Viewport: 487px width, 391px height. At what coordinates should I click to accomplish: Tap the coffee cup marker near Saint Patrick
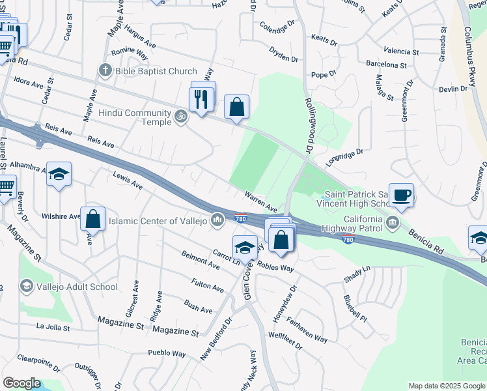[x=402, y=194]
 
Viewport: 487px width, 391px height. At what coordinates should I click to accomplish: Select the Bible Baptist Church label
[x=156, y=70]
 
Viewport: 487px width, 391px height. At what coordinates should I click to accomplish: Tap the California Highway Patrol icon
[x=393, y=223]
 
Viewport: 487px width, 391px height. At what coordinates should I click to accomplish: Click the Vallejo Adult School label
[x=77, y=287]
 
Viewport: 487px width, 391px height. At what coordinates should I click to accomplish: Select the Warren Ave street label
[x=262, y=201]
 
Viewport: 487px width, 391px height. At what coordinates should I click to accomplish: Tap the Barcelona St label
[x=386, y=65]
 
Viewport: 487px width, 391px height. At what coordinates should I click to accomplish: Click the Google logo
[x=22, y=383]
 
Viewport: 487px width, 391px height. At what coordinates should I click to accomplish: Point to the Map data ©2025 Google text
[x=446, y=386]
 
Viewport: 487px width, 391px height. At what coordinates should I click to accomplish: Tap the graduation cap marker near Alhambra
[x=59, y=174]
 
